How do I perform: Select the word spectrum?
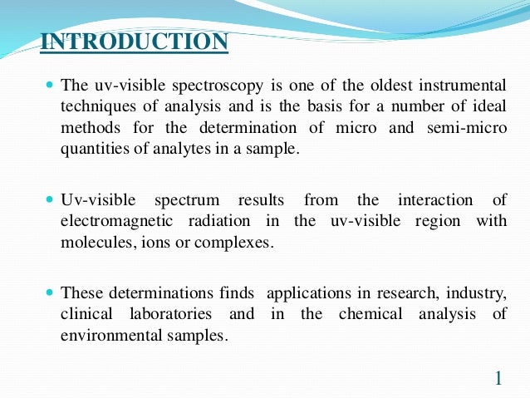coord(188,201)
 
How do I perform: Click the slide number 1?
coord(498,379)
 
